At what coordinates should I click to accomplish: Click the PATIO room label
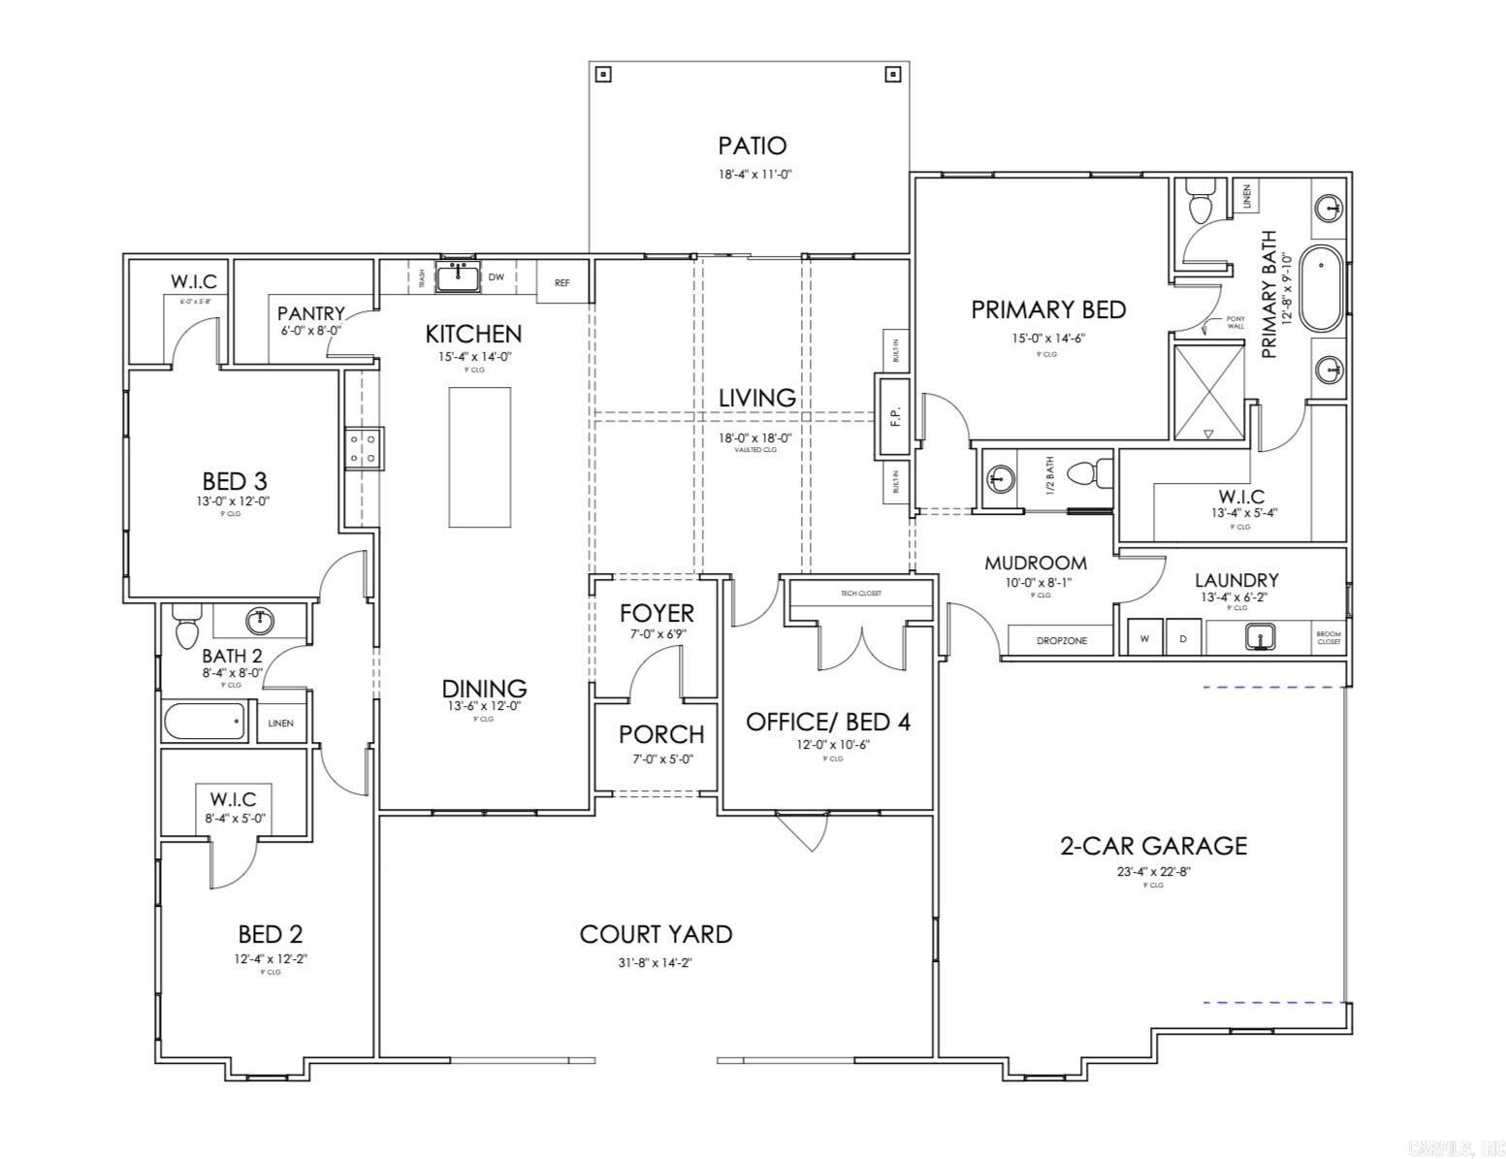click(752, 146)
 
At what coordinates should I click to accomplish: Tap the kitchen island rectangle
click(479, 458)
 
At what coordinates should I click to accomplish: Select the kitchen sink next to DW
click(458, 277)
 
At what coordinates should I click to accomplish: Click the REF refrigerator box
click(562, 283)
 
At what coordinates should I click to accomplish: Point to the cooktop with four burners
click(363, 448)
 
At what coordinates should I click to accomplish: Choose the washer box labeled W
click(1144, 638)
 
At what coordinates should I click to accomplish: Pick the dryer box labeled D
click(1183, 638)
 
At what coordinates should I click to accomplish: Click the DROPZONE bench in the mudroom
click(1061, 641)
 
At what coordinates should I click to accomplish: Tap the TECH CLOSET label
click(861, 593)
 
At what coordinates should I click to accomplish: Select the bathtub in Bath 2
click(205, 722)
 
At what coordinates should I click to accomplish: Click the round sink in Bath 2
click(259, 619)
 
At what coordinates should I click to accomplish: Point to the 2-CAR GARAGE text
click(1153, 846)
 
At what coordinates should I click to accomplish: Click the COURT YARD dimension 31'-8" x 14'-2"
click(656, 963)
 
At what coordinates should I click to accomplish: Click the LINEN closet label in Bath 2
click(281, 724)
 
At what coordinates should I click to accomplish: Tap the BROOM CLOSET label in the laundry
click(1329, 638)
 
